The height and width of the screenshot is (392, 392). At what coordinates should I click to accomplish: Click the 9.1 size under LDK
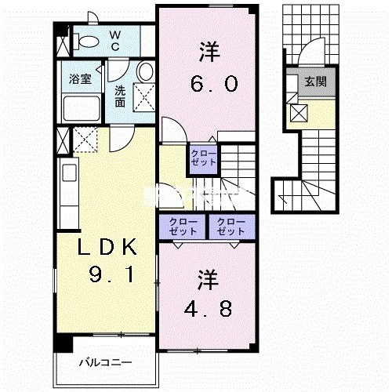[x=107, y=277]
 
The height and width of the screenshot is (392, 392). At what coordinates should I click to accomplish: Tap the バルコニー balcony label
[x=105, y=362]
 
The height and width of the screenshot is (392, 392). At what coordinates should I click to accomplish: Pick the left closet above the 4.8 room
[x=181, y=226]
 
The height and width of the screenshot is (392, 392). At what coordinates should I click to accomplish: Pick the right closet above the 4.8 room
[x=230, y=226]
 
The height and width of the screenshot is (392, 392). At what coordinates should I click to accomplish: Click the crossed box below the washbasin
[x=143, y=99]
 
